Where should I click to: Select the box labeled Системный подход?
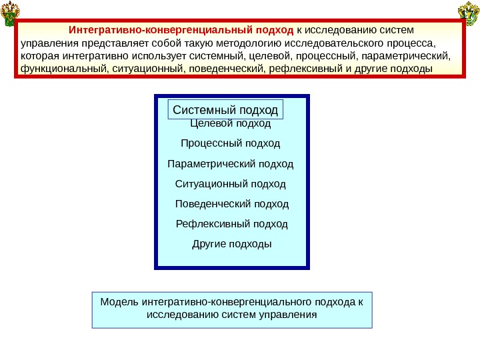pyautogui.click(x=225, y=109)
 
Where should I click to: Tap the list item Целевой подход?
pyautogui.click(x=231, y=123)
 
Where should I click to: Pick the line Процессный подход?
pyautogui.click(x=231, y=143)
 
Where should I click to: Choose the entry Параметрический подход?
pyautogui.click(x=231, y=163)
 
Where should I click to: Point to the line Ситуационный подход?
pyautogui.click(x=231, y=183)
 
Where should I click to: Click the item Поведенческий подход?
pyautogui.click(x=231, y=203)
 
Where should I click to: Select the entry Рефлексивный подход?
pyautogui.click(x=231, y=223)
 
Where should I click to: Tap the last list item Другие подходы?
pyautogui.click(x=231, y=243)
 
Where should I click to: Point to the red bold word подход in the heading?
pyautogui.click(x=275, y=31)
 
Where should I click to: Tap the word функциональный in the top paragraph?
pyautogui.click(x=59, y=69)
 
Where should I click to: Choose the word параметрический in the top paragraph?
pyautogui.click(x=412, y=56)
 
